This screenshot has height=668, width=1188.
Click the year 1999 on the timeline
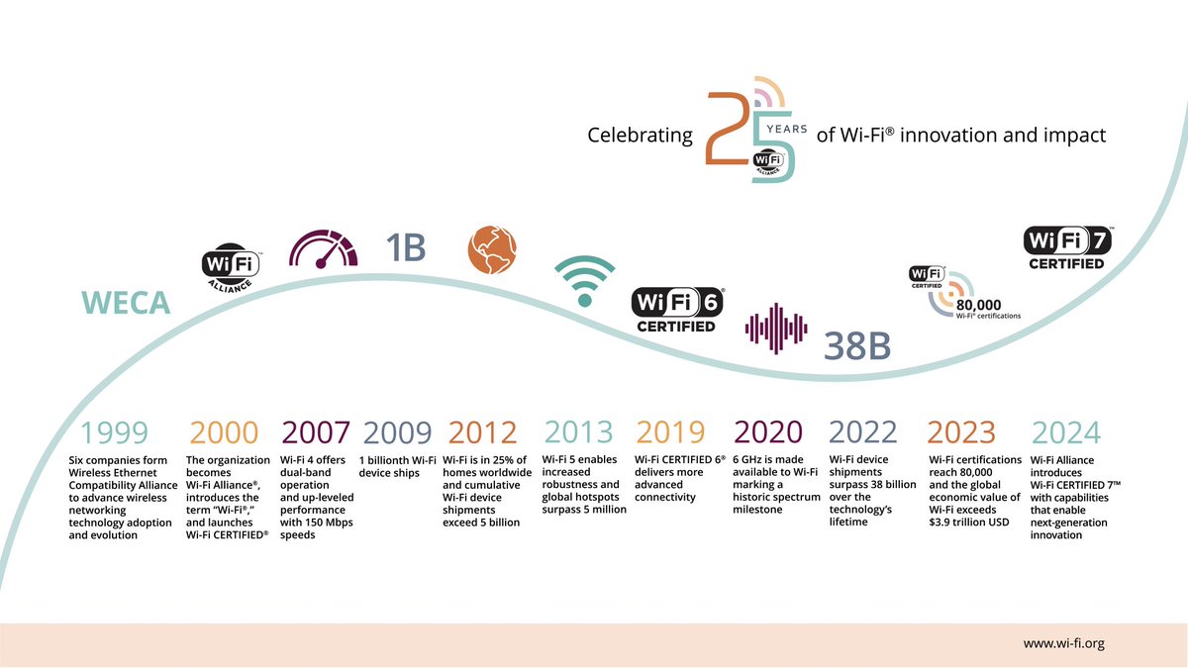[x=115, y=433]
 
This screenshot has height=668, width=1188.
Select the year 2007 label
[x=316, y=433]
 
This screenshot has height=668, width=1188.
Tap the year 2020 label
[x=768, y=433]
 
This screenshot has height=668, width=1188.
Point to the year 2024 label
[x=1065, y=433]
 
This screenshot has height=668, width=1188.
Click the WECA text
[x=126, y=304]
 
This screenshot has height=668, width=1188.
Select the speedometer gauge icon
[x=324, y=247]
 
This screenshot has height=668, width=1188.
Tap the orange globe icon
[x=492, y=249]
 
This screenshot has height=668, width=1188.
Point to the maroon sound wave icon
[x=776, y=330]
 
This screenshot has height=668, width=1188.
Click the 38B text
[x=857, y=346]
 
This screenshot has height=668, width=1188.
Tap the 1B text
[x=405, y=246]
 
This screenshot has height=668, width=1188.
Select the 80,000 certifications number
[x=979, y=305]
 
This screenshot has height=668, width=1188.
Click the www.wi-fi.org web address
[x=1063, y=644]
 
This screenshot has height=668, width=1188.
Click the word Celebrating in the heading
[x=640, y=135]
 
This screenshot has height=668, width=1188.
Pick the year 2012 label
[x=482, y=433]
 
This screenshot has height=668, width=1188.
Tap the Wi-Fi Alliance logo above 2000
[x=231, y=267]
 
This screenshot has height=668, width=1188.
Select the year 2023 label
[x=960, y=433]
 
